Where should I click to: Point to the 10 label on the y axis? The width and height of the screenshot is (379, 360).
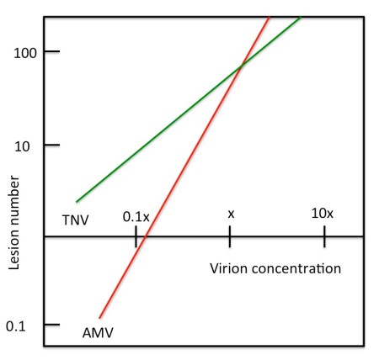26,146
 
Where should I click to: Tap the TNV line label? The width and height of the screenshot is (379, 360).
76,220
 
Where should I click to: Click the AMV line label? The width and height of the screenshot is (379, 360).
99,332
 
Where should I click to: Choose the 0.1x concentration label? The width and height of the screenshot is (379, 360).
136,216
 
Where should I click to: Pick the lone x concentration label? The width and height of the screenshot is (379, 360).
230,214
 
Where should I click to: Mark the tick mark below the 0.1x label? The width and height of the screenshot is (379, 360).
136,237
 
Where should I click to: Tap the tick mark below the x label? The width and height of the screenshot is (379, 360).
230,237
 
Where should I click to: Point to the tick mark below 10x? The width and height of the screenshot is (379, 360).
324,237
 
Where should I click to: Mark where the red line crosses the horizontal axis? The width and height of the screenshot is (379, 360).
144,237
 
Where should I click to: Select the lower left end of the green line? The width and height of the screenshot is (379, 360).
77,202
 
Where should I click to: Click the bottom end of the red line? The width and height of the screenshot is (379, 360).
99,318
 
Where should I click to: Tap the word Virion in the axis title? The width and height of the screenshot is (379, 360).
226,269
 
